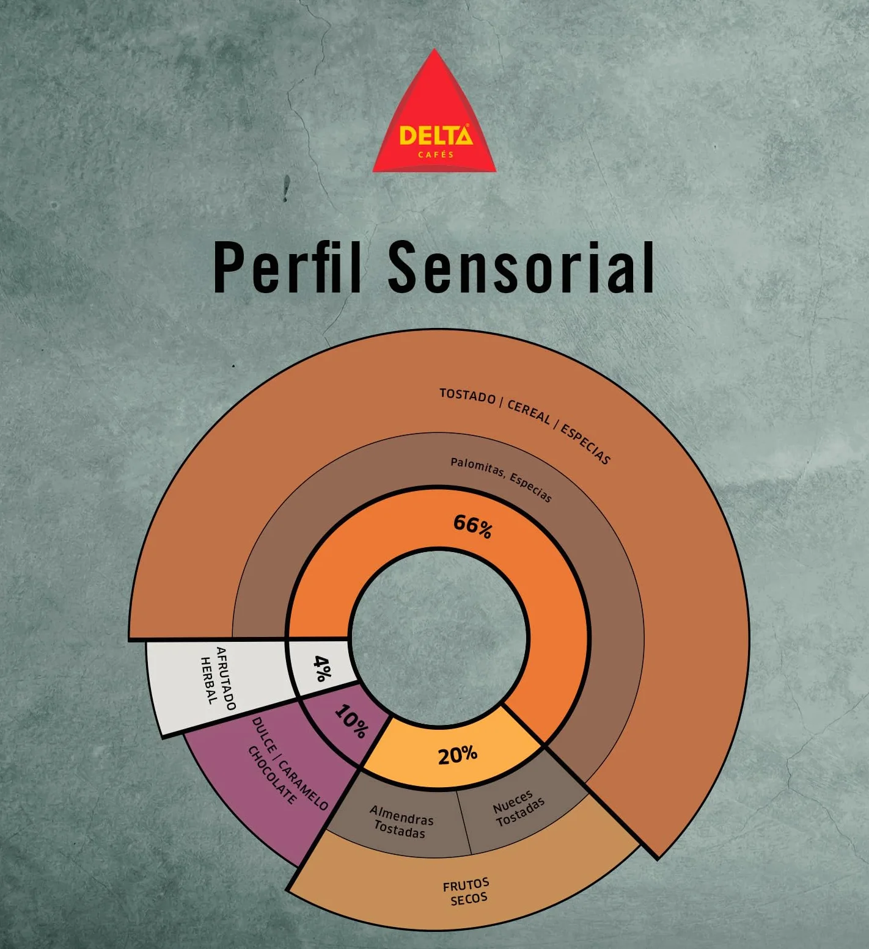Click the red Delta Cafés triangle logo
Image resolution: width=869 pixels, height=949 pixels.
click(x=435, y=116)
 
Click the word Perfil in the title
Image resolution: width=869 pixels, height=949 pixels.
click(x=287, y=267)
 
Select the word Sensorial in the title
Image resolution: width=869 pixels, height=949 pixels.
click(x=521, y=267)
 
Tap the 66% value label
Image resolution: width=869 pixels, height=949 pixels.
click(x=472, y=526)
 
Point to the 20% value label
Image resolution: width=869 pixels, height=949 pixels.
click(x=457, y=755)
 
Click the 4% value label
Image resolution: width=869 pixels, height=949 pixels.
click(x=322, y=668)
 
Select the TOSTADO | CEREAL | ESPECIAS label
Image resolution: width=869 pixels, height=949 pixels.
click(x=525, y=424)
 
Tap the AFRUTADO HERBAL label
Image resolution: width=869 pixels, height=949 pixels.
click(x=218, y=677)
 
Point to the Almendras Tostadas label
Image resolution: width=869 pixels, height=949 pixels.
click(x=401, y=821)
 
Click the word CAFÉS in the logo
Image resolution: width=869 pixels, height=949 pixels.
click(x=436, y=155)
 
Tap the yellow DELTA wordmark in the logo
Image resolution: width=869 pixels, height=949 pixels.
click(x=436, y=135)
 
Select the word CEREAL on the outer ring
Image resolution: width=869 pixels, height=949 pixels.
click(x=529, y=413)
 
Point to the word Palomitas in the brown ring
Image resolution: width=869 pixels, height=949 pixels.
click(x=477, y=468)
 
